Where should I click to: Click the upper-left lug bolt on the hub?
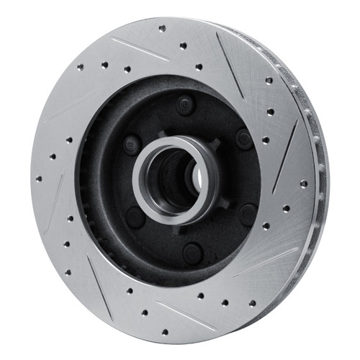pyautogui.click(x=131, y=143)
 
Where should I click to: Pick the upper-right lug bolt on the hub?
pyautogui.click(x=243, y=138)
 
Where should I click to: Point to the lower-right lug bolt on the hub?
pyautogui.click(x=247, y=214)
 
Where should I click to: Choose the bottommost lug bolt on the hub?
pyautogui.click(x=192, y=252)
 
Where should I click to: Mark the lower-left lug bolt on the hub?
pyautogui.click(x=135, y=216)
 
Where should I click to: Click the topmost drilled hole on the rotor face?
pyautogui.click(x=162, y=29)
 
